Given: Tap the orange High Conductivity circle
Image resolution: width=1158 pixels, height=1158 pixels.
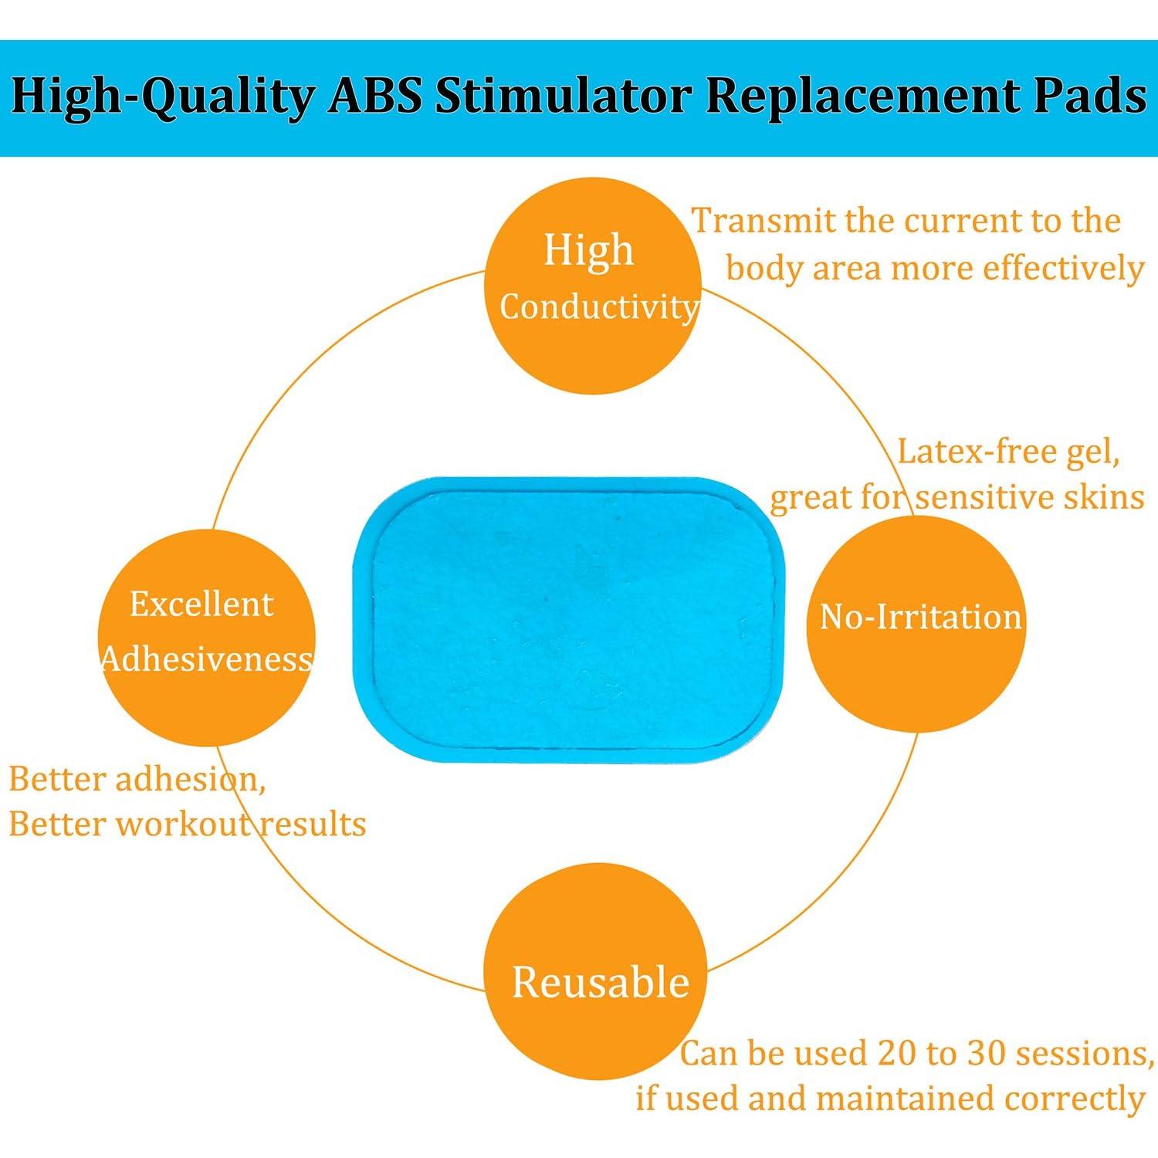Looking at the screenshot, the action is click(x=593, y=285).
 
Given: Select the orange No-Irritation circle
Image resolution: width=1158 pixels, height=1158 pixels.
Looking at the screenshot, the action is click(x=916, y=625).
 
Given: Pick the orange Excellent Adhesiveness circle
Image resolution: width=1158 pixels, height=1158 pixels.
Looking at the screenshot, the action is click(x=207, y=637).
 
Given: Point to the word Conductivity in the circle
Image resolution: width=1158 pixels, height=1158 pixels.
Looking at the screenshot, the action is click(x=599, y=308).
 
